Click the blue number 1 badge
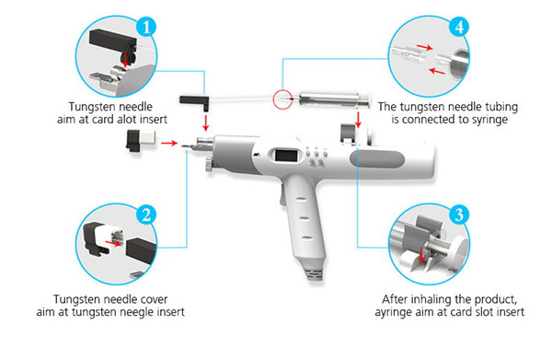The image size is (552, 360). click(146, 27)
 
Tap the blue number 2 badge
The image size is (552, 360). click(146, 215)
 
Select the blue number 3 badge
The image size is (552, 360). click(459, 215)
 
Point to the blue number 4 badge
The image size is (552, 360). click(459, 27)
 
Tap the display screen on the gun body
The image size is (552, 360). click(285, 155)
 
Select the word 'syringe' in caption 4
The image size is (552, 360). click(489, 120)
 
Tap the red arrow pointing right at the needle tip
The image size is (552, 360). click(169, 143)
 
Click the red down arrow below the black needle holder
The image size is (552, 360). click(206, 122)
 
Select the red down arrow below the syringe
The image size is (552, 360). click(358, 120)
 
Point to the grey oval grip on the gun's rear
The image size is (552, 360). click(376, 159)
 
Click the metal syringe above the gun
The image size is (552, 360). click(334, 99)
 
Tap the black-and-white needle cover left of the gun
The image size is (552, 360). click(141, 140)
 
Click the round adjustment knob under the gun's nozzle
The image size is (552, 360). click(210, 165)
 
